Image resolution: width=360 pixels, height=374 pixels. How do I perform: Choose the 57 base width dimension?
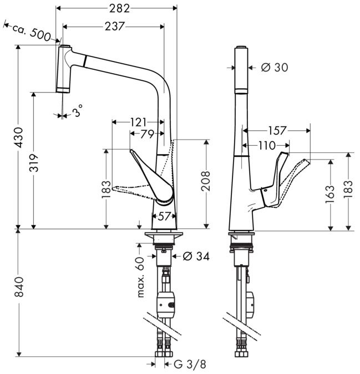[x=164, y=216]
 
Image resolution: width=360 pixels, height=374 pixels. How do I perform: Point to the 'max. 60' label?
[x=140, y=276]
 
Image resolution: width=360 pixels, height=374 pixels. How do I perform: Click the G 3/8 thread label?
[x=190, y=364]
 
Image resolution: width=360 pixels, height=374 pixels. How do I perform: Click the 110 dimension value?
[x=266, y=145]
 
